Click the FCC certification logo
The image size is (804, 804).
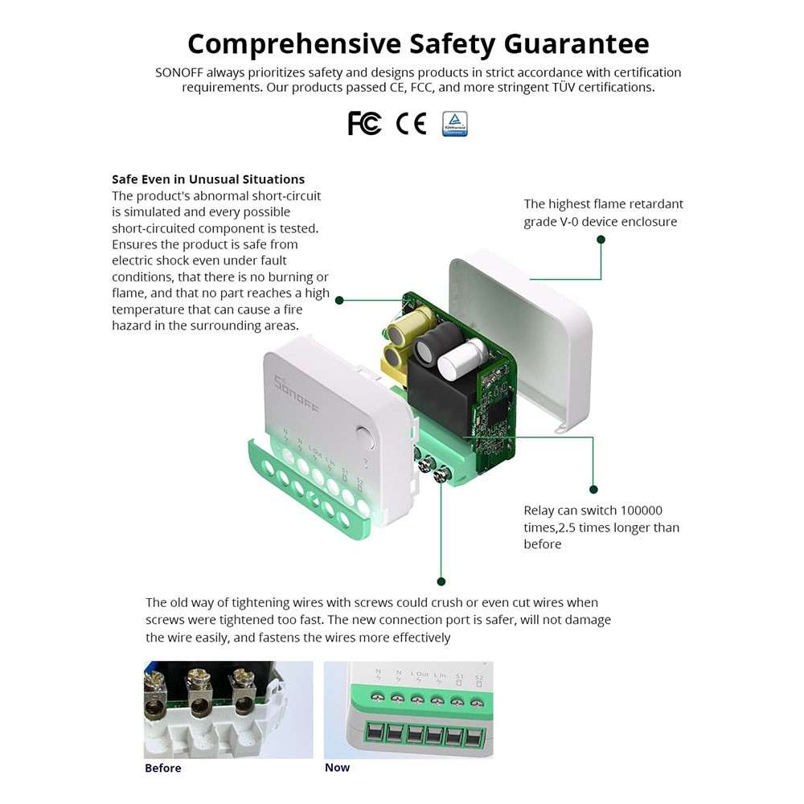(364, 123)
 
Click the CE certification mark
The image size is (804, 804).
(411, 123)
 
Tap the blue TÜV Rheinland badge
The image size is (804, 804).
(454, 124)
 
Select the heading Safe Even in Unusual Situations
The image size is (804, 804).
(208, 179)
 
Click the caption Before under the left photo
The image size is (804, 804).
(163, 768)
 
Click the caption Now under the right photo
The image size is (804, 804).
(337, 767)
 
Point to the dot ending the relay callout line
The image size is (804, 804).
(593, 489)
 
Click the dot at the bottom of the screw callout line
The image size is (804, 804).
(441, 580)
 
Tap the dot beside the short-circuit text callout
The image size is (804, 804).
(340, 300)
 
